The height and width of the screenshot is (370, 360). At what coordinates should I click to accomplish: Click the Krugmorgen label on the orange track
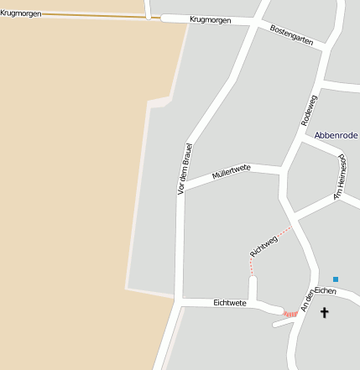click(20, 13)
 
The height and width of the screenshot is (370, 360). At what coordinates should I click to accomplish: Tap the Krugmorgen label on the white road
click(210, 19)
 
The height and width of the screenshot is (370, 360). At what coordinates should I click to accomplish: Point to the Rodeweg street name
click(310, 110)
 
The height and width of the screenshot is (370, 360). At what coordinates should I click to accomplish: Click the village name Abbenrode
click(337, 134)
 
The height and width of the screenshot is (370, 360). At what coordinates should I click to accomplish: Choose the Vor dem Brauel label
click(181, 170)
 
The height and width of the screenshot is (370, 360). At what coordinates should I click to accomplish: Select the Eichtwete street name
click(230, 302)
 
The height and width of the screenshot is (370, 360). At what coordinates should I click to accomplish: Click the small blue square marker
click(336, 279)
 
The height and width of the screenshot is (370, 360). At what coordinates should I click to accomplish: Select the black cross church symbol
click(324, 313)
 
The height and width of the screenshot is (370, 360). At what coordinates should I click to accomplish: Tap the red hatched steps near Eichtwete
click(290, 314)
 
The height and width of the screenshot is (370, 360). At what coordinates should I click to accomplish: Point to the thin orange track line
click(92, 15)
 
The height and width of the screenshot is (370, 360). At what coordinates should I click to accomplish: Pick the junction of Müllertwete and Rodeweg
click(281, 169)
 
